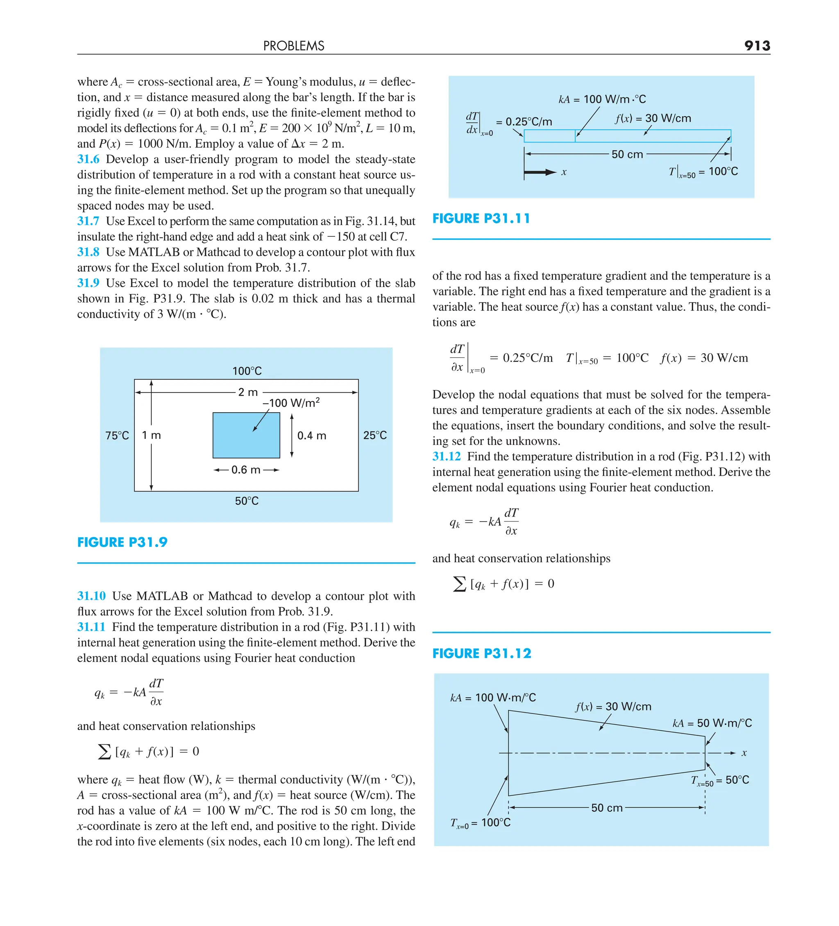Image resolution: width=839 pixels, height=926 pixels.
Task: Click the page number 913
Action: click(x=757, y=45)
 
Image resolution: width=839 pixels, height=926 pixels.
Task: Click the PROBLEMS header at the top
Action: click(x=293, y=46)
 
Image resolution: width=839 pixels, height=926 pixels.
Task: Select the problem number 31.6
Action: click(x=88, y=159)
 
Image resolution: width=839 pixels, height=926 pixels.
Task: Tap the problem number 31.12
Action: click(x=446, y=456)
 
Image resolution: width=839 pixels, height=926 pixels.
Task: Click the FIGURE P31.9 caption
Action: click(x=122, y=542)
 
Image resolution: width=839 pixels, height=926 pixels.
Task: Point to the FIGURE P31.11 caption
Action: click(x=481, y=219)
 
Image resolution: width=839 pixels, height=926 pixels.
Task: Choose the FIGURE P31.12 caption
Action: click(x=481, y=654)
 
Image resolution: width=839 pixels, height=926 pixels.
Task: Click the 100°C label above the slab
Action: click(x=247, y=371)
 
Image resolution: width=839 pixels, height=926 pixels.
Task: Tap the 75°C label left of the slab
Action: click(x=117, y=436)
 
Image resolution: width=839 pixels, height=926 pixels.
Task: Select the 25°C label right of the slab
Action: click(x=375, y=436)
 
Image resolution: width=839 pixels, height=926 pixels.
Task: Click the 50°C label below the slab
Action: click(x=247, y=501)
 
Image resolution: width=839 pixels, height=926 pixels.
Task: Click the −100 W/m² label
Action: click(x=291, y=403)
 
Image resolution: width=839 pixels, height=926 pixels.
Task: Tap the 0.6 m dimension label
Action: click(x=246, y=470)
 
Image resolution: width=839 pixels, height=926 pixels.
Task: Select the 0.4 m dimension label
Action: click(x=312, y=436)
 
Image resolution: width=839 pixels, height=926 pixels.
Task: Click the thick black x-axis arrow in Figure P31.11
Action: click(x=540, y=173)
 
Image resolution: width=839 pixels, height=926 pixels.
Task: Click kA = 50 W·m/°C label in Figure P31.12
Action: click(x=712, y=723)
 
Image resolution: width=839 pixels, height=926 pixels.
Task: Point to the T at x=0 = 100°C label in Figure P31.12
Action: click(x=480, y=823)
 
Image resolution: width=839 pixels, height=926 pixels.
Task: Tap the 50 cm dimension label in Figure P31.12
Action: click(x=606, y=808)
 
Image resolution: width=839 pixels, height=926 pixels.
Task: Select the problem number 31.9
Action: click(x=88, y=283)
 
